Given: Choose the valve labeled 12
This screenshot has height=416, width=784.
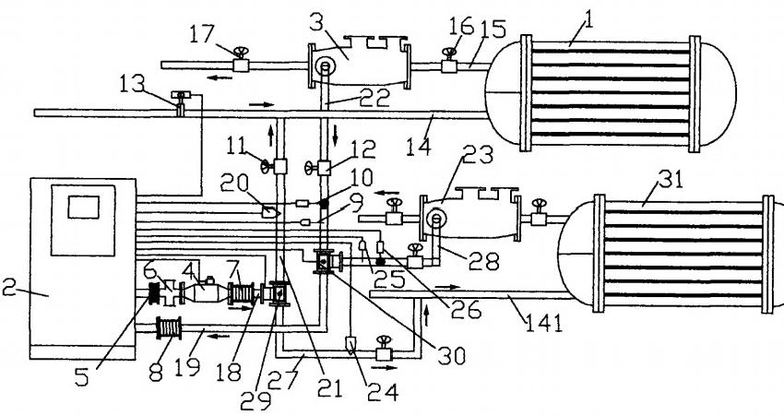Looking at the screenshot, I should tap(325, 168).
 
